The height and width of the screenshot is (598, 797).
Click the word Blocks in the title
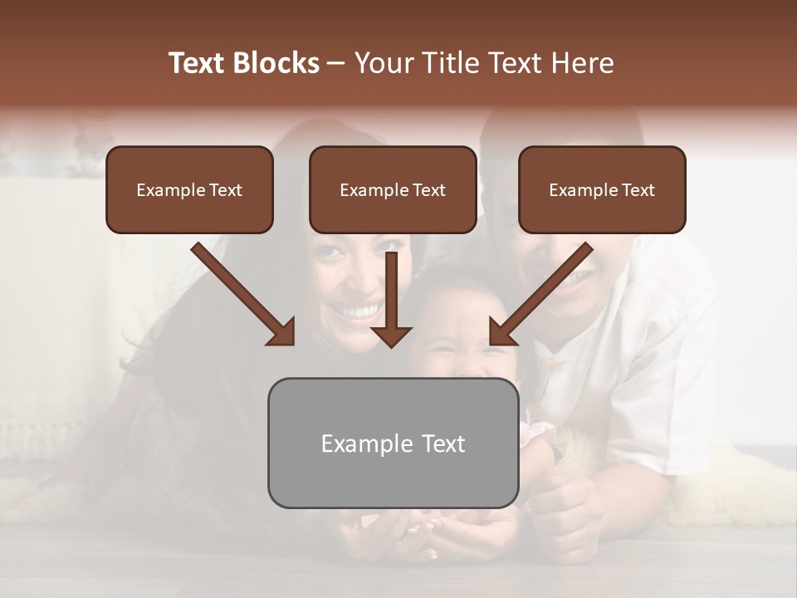point(275,63)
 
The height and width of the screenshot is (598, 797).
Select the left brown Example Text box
point(189,189)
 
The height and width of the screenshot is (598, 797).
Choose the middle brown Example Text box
point(393,189)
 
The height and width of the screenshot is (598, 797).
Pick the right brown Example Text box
point(602,189)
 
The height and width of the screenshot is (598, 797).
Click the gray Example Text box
point(393,443)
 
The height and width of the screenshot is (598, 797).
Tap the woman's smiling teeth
point(358,312)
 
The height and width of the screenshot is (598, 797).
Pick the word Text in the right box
point(638,190)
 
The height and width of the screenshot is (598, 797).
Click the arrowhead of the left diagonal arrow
point(282,332)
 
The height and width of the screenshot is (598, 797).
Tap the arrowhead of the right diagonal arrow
point(501,332)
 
